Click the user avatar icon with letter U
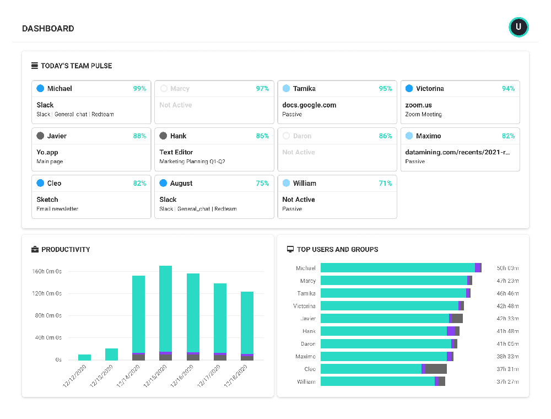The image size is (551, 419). coord(518,27)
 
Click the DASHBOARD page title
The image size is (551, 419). coord(48,29)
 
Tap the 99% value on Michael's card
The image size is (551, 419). coord(139,89)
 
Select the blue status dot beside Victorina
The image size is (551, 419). coord(409,88)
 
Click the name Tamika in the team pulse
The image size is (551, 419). coord(304,89)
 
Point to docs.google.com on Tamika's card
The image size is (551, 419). coord(309,105)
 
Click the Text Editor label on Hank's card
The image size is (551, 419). coord(176,152)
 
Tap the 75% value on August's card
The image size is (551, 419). coord(262,184)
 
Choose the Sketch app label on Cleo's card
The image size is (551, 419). coord(47,200)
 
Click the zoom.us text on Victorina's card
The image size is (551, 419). coord(419,105)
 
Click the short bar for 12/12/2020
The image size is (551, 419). coord(84,357)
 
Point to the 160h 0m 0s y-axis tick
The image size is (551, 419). coord(47,271)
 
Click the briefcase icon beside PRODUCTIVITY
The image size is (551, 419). coord(35,250)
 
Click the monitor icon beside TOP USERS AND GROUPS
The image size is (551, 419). coord(290,250)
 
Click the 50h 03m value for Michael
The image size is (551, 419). coord(507,268)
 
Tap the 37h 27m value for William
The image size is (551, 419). coord(507,382)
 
